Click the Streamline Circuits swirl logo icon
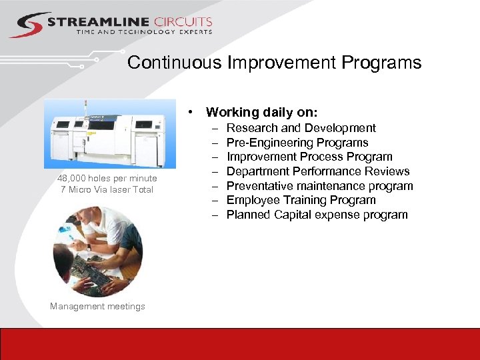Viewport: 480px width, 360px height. click(x=29, y=25)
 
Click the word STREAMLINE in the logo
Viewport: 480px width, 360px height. click(x=97, y=23)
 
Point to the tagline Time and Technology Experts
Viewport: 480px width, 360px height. click(x=144, y=32)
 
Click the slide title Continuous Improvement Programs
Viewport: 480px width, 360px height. click(x=274, y=63)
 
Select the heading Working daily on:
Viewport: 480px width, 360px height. click(x=261, y=112)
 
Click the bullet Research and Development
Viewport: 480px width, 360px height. click(x=301, y=128)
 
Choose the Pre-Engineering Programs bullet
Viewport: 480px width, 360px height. click(x=297, y=143)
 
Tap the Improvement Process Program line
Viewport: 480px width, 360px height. click(x=309, y=157)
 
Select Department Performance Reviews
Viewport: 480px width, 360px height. click(x=318, y=171)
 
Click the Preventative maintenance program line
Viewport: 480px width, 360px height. click(x=320, y=186)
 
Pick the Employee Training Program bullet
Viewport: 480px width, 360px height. click(x=301, y=200)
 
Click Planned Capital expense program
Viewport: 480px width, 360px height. click(x=317, y=215)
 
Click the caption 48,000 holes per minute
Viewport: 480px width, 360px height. click(x=107, y=178)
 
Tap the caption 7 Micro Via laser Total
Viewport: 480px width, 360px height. click(x=107, y=189)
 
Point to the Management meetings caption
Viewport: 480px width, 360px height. click(x=97, y=306)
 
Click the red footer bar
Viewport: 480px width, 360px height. click(x=240, y=343)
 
